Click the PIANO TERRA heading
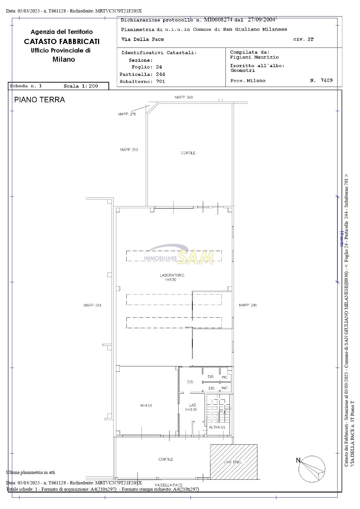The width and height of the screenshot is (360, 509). coord(39,100)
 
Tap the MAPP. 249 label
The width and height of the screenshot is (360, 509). coord(183,97)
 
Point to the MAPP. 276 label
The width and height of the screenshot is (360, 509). coord(127,114)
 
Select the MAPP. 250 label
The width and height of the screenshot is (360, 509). coord(129,150)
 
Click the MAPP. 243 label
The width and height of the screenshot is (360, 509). coord(92,305)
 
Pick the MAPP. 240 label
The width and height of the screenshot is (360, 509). coord(248,305)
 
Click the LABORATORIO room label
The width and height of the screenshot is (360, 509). coord(172,275)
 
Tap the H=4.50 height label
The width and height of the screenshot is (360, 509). coord(146,406)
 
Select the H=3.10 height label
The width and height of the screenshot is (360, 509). coord(191,410)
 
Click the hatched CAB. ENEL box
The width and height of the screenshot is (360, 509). coord(234,462)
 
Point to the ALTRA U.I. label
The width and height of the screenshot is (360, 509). coord(217,427)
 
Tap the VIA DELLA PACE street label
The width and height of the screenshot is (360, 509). coord(168,485)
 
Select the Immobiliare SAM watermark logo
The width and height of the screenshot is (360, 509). coord(179,254)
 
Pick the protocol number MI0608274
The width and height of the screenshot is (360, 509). coord(218,20)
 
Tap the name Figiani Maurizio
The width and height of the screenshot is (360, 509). coord(254,57)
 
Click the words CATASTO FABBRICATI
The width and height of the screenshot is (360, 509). coord(62,41)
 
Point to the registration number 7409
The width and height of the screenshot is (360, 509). coord(327,80)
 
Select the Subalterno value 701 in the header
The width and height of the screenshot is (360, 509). coord(161,81)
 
